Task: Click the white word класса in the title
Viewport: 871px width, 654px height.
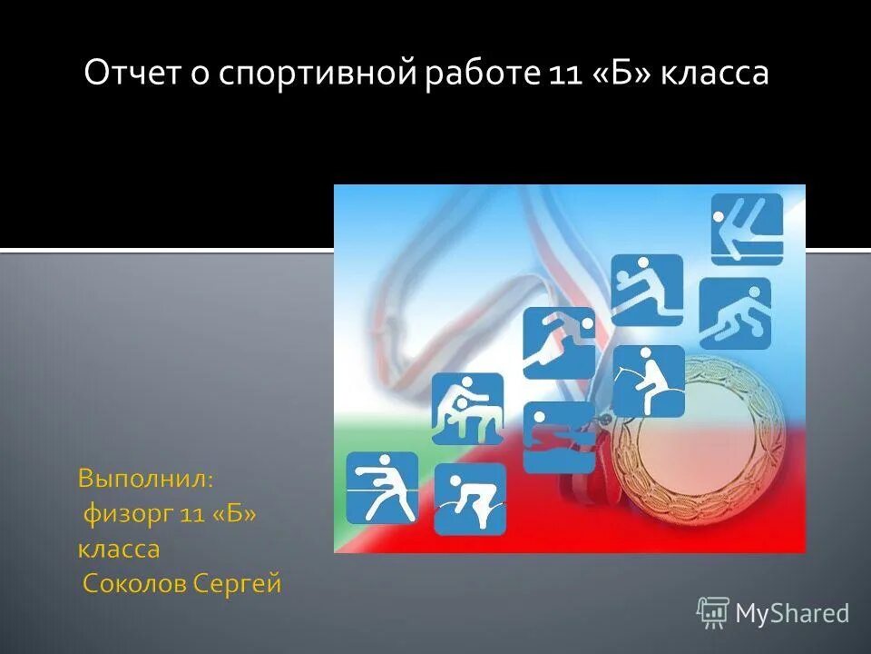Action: (x=714, y=73)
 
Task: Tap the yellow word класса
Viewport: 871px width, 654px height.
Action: (x=118, y=549)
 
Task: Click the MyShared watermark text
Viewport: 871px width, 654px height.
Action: (x=791, y=614)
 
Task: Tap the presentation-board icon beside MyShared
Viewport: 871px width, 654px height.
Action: (x=713, y=613)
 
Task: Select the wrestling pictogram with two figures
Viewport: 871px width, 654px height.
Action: (x=467, y=409)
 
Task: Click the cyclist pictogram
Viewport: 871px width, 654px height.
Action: (x=469, y=499)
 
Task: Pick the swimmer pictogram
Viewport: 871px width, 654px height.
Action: (x=559, y=437)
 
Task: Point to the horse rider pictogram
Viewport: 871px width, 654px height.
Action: (x=648, y=381)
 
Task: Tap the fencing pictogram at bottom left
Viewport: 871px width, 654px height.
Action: (x=382, y=487)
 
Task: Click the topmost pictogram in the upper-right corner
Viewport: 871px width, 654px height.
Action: (x=746, y=229)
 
